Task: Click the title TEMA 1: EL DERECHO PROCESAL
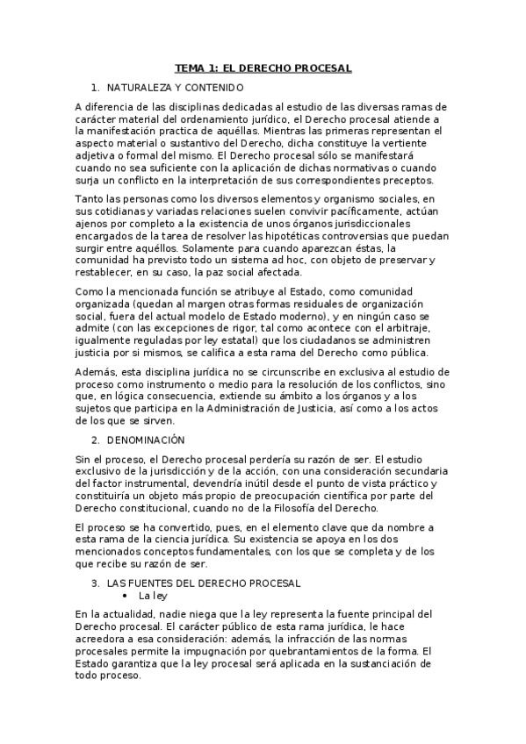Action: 263,67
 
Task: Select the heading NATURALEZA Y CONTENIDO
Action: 175,88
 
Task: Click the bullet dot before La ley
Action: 126,595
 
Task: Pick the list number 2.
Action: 95,439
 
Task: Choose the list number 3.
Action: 95,583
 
